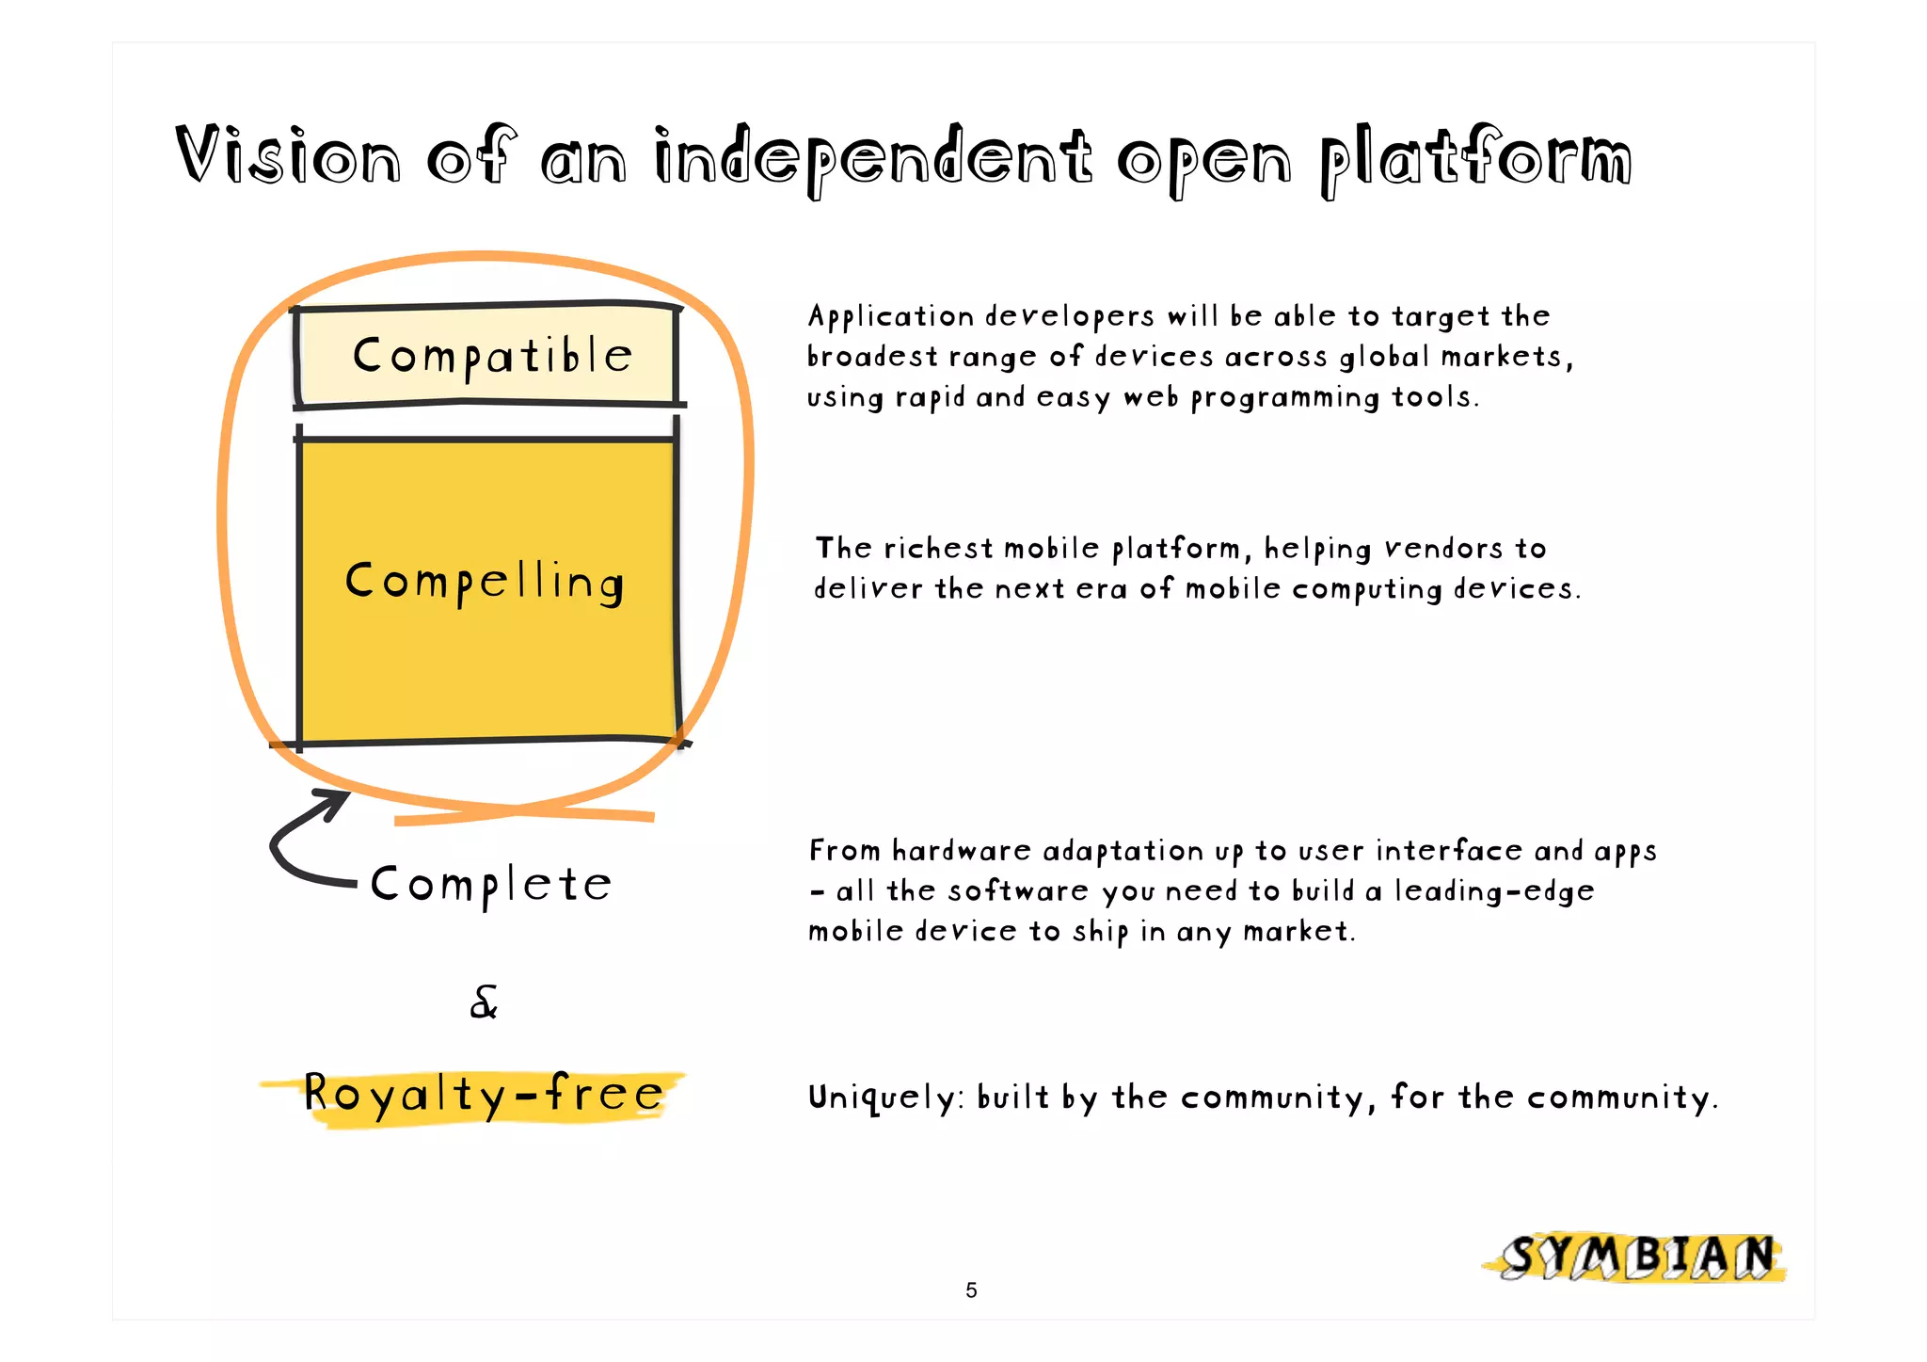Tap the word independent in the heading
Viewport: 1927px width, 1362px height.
point(873,158)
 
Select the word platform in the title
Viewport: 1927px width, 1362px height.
point(1475,160)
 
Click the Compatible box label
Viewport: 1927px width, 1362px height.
point(492,357)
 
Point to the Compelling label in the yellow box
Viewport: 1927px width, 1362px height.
point(485,582)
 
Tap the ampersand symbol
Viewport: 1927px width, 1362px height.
point(484,1002)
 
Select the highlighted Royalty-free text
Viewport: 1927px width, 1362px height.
point(484,1095)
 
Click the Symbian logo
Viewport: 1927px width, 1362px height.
point(1636,1258)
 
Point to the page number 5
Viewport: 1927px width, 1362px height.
point(971,1290)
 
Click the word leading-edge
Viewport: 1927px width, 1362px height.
point(1493,891)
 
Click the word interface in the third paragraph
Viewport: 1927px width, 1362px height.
point(1449,851)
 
